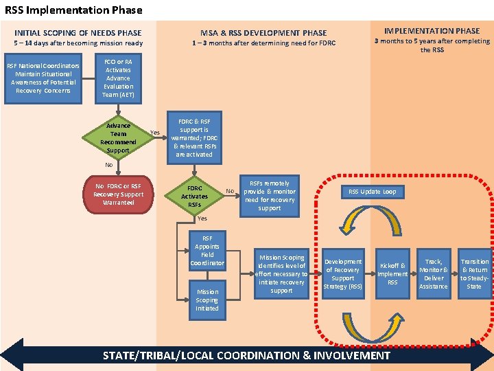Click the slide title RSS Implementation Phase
(x=74, y=10)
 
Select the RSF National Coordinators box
(x=43, y=78)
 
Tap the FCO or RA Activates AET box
(x=118, y=78)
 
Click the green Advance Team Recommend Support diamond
(x=118, y=137)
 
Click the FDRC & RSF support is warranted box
(x=194, y=137)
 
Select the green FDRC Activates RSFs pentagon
(x=194, y=196)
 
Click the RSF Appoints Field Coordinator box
(x=207, y=251)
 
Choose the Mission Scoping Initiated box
(x=207, y=300)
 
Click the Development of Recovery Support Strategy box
(x=342, y=274)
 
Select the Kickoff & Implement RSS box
(x=392, y=274)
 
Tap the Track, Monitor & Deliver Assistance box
(x=434, y=274)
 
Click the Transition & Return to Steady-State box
(x=474, y=274)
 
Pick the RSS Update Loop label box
(x=373, y=192)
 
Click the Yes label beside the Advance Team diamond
(x=155, y=133)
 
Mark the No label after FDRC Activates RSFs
(x=231, y=191)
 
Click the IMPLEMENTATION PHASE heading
(x=432, y=31)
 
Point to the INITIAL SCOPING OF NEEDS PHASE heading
(x=78, y=32)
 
